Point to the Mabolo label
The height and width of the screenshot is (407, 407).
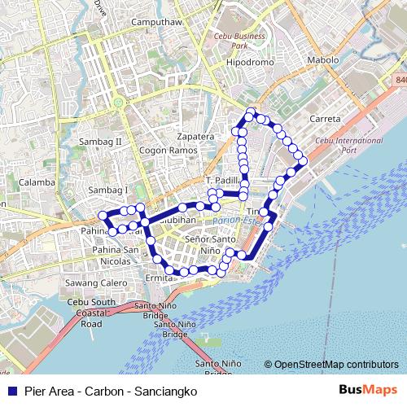[322, 60]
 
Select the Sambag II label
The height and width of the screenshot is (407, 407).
[105, 141]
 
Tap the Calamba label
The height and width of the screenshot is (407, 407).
[36, 182]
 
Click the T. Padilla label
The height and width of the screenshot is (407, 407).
[223, 179]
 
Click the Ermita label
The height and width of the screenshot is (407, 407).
[160, 278]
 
